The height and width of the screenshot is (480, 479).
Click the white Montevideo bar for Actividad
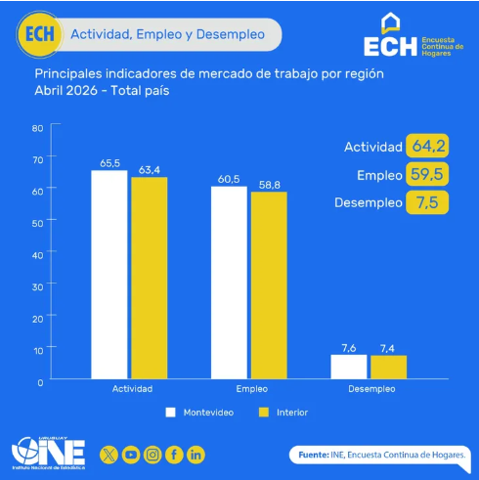click(109, 275)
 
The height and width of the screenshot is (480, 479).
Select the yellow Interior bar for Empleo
click(269, 285)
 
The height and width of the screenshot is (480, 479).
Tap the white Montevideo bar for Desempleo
click(349, 367)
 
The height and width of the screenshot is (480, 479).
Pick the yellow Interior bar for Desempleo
click(389, 367)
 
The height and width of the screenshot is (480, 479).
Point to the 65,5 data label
click(109, 163)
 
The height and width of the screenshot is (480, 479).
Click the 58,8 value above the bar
click(270, 185)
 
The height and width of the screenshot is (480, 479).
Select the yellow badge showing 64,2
click(427, 146)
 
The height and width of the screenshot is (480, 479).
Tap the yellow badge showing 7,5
click(427, 202)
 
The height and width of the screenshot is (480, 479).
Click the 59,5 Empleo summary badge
click(427, 174)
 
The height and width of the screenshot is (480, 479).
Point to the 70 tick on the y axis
click(38, 160)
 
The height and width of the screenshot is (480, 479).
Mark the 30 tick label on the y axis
click(38, 287)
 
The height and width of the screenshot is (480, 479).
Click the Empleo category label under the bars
click(252, 389)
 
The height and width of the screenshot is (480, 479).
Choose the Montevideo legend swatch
click(170, 413)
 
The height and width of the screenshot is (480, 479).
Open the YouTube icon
click(131, 455)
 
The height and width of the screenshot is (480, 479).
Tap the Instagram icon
click(152, 455)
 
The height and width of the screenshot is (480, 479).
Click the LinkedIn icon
click(196, 455)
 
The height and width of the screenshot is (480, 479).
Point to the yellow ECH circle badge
click(39, 34)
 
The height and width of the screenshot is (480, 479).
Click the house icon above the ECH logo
click(390, 22)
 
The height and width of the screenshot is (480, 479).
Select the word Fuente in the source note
click(314, 455)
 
